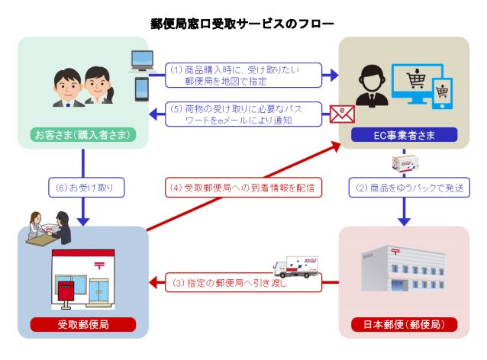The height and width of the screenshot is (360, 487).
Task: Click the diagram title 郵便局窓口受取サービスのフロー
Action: [242, 24]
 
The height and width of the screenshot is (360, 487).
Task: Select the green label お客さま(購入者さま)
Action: [83, 135]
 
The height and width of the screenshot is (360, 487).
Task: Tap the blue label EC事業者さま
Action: [404, 135]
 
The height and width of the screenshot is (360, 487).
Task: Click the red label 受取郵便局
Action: [83, 325]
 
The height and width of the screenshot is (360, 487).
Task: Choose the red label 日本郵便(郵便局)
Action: [404, 325]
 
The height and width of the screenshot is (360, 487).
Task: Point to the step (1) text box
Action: [243, 75]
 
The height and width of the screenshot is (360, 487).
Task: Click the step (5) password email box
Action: [243, 114]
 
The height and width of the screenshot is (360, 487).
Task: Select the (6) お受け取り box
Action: [86, 188]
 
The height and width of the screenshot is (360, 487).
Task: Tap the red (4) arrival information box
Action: [243, 188]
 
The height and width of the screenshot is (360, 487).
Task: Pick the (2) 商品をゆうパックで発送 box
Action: [409, 188]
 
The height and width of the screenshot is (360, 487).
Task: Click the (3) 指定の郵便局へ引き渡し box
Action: [243, 282]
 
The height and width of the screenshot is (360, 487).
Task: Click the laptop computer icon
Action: [142, 61]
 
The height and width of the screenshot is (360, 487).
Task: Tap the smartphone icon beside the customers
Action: [142, 89]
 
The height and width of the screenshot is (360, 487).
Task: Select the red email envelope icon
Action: [342, 114]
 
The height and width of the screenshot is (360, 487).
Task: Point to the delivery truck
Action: [295, 267]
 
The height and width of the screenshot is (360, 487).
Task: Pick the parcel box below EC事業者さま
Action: [405, 162]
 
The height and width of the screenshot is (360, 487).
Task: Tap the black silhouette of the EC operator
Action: [372, 85]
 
